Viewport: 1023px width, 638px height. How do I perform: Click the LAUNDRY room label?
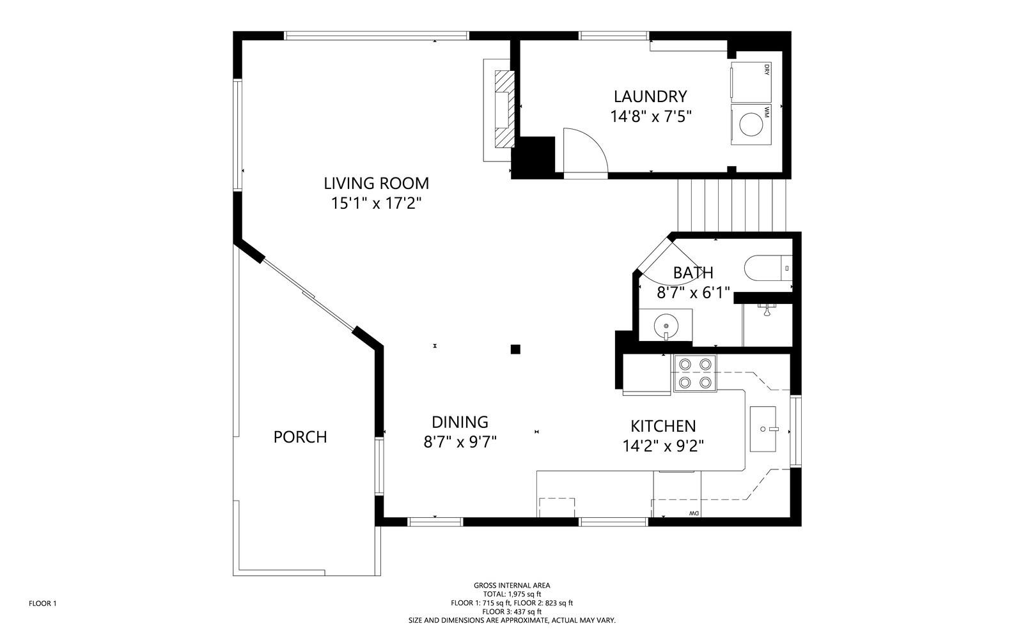tap(650, 96)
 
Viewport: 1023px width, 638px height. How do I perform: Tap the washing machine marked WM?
tap(751, 125)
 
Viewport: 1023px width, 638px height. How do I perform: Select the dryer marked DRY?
tap(751, 82)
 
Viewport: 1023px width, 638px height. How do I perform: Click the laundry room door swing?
tap(586, 151)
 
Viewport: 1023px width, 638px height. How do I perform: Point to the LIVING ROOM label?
tap(377, 183)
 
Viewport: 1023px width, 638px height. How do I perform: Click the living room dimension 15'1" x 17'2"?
tap(376, 203)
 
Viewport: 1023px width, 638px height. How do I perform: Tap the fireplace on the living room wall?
tap(499, 109)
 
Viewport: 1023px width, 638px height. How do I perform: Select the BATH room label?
tap(693, 273)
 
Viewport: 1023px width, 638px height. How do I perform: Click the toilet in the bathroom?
tap(768, 268)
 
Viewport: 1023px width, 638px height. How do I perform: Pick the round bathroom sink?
tap(666, 326)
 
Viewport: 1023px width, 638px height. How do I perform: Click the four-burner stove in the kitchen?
tap(694, 374)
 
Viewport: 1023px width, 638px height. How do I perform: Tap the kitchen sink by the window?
tap(763, 429)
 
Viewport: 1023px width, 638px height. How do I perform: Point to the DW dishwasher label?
tap(694, 513)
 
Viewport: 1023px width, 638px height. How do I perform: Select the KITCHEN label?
tap(663, 427)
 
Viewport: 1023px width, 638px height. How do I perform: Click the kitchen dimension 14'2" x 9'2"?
tap(663, 446)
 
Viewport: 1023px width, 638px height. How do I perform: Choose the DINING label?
tap(460, 422)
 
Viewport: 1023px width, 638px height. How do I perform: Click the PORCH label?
tap(300, 437)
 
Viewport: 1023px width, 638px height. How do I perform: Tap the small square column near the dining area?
tap(515, 349)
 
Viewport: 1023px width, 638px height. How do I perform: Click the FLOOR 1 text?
tap(42, 604)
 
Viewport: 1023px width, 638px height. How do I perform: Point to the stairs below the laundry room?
tap(732, 205)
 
